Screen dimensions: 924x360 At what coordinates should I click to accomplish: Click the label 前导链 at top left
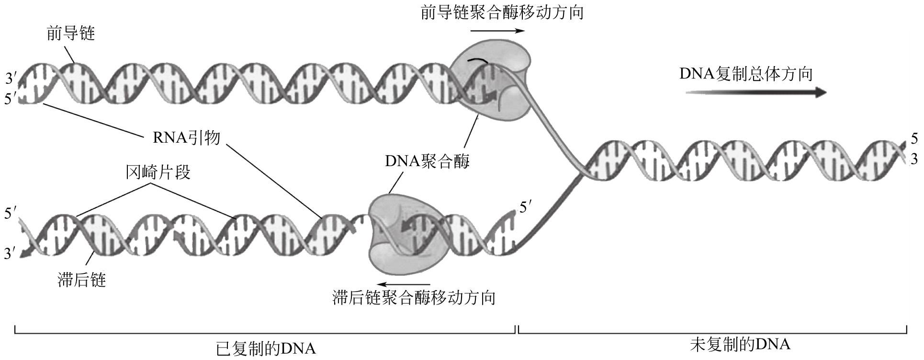pyautogui.click(x=70, y=34)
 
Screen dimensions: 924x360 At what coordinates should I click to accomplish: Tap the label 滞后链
pyautogui.click(x=81, y=280)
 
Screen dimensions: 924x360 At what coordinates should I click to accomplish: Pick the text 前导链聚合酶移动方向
pyautogui.click(x=502, y=12)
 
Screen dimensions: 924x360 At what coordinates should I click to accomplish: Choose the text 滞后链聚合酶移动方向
pyautogui.click(x=414, y=297)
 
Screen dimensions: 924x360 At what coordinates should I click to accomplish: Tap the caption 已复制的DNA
pyautogui.click(x=266, y=349)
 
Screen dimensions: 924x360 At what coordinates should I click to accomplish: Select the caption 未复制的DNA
pyautogui.click(x=740, y=344)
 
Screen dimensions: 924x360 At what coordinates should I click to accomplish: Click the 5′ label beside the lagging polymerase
pyautogui.click(x=526, y=208)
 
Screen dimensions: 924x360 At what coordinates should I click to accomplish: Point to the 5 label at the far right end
pyautogui.click(x=914, y=139)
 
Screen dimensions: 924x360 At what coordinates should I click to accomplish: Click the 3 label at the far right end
pyautogui.click(x=914, y=159)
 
